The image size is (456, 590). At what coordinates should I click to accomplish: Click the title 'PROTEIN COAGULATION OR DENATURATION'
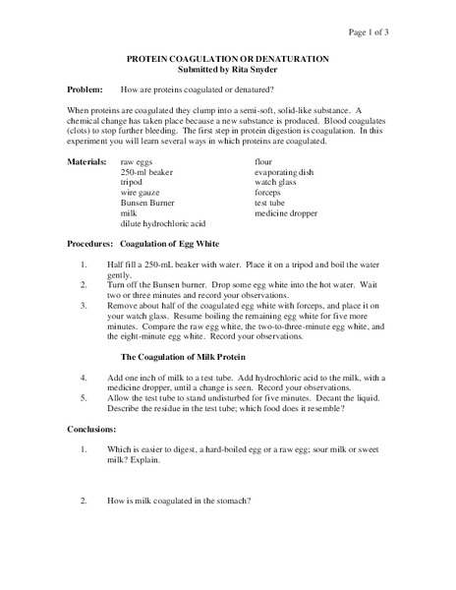tap(227, 60)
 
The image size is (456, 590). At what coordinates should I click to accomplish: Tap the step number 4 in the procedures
tap(85, 377)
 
